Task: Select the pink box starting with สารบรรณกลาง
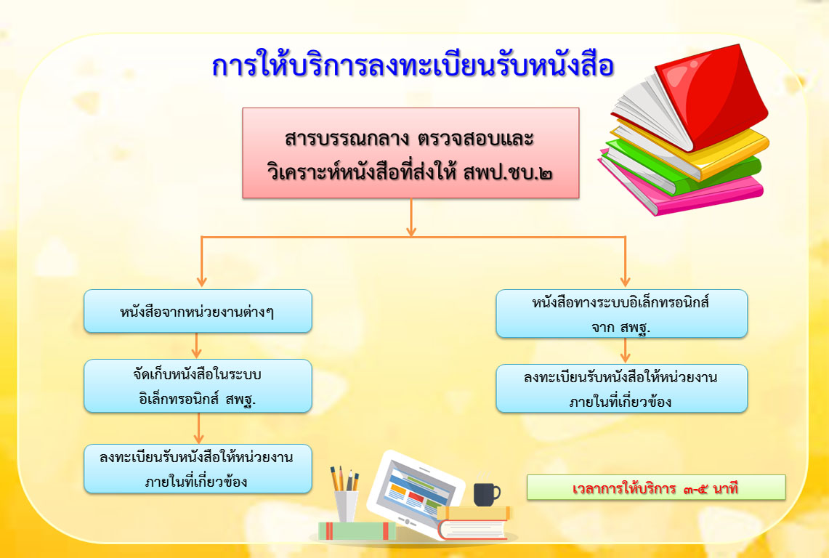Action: coord(411,153)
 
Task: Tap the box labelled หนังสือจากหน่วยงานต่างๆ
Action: coord(198,311)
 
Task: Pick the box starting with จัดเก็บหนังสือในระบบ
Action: coord(198,386)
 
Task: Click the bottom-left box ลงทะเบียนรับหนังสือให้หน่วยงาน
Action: coord(198,469)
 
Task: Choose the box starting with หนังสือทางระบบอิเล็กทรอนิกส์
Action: coord(622,314)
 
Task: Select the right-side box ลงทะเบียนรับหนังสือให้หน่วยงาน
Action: coord(622,389)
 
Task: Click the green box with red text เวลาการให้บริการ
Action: coord(656,488)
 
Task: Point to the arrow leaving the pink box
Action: coord(411,217)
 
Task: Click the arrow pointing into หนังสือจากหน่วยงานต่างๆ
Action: coord(201,262)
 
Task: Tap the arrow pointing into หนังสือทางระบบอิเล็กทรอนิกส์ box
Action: coord(626,262)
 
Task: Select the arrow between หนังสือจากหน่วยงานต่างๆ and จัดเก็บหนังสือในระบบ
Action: coord(197,346)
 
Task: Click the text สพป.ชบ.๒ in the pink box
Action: coord(508,173)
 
